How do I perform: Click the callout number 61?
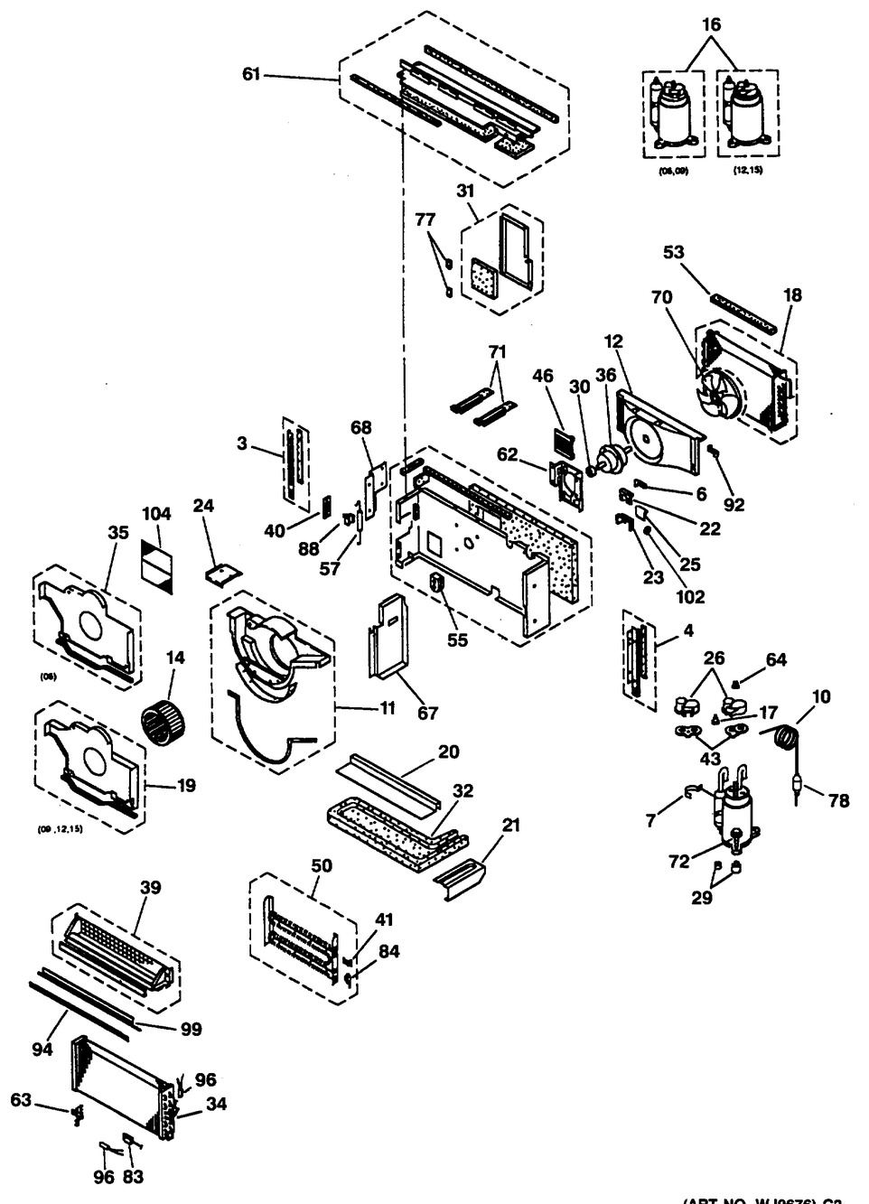pyautogui.click(x=251, y=74)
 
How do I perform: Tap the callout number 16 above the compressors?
pyautogui.click(x=712, y=24)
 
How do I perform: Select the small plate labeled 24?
pyautogui.click(x=223, y=572)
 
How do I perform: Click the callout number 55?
pyautogui.click(x=458, y=639)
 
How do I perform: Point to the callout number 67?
pyautogui.click(x=427, y=713)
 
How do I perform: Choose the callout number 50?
pyautogui.click(x=321, y=865)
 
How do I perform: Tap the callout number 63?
pyautogui.click(x=21, y=1099)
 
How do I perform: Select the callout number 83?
pyautogui.click(x=135, y=1176)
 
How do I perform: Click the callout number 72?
pyautogui.click(x=679, y=862)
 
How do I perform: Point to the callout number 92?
pyautogui.click(x=734, y=504)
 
